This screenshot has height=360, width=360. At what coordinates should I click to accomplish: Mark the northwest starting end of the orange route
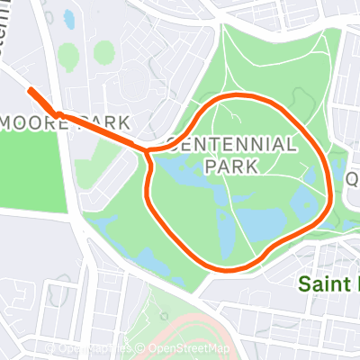click(x=30, y=90)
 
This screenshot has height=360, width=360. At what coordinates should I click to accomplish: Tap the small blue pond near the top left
click(x=69, y=17)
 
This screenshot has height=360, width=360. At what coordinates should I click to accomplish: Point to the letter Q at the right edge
click(x=353, y=178)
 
